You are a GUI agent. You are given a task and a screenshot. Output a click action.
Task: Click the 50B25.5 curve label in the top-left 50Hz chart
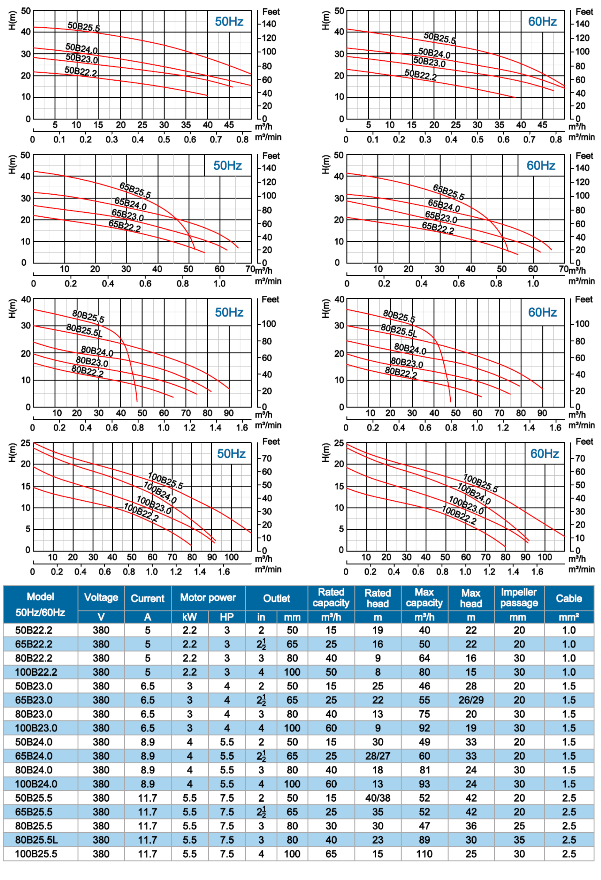[84, 27]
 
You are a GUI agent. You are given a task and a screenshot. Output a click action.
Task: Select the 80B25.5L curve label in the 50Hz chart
[84, 330]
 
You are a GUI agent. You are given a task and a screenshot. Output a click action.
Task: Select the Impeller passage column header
[519, 598]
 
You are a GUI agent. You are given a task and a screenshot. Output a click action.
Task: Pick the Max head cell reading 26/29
[471, 700]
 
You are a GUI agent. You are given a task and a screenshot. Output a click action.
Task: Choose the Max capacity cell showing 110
[424, 854]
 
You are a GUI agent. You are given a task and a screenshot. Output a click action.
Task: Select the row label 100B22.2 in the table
[36, 672]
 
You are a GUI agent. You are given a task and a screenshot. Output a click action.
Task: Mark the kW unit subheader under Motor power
[190, 617]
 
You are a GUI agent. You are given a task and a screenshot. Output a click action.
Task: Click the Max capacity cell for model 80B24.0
[424, 770]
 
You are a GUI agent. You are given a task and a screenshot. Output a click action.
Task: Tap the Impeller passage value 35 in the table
[519, 840]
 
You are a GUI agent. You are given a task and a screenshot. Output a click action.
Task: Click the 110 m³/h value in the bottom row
[424, 854]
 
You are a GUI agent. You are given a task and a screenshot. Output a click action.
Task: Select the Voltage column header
[101, 598]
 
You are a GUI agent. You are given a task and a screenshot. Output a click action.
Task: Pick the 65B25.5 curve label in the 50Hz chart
[135, 190]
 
